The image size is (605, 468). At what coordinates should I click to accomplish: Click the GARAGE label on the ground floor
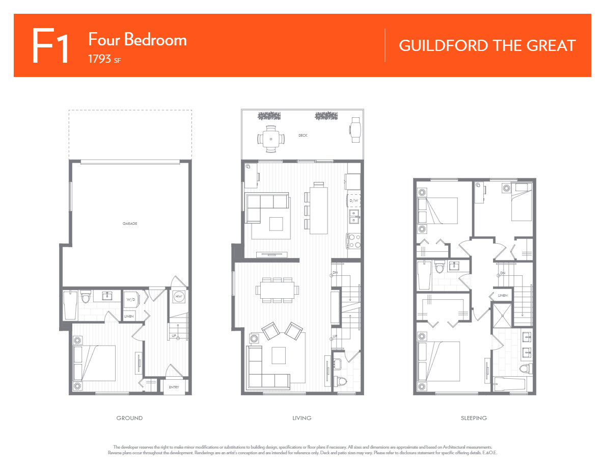point(129,223)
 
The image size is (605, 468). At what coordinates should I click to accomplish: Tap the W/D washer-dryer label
point(131,299)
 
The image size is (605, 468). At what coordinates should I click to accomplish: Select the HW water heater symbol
point(179,297)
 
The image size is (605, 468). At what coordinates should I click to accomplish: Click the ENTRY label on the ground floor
point(174,387)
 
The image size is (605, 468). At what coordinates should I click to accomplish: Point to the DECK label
point(303,136)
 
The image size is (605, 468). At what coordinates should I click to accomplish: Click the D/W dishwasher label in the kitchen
point(354,201)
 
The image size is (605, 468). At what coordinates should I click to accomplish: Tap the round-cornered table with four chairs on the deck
point(270,139)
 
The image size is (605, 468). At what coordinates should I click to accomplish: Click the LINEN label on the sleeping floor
point(503,296)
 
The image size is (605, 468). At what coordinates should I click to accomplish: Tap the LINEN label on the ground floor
point(129,317)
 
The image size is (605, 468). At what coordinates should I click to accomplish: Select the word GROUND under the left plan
point(129,418)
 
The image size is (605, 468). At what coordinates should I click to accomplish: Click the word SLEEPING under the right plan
point(474,418)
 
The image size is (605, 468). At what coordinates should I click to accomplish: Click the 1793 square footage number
point(100,58)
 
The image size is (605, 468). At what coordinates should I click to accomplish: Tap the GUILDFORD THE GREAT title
point(487,45)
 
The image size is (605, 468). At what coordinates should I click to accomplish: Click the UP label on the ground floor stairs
point(174,336)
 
